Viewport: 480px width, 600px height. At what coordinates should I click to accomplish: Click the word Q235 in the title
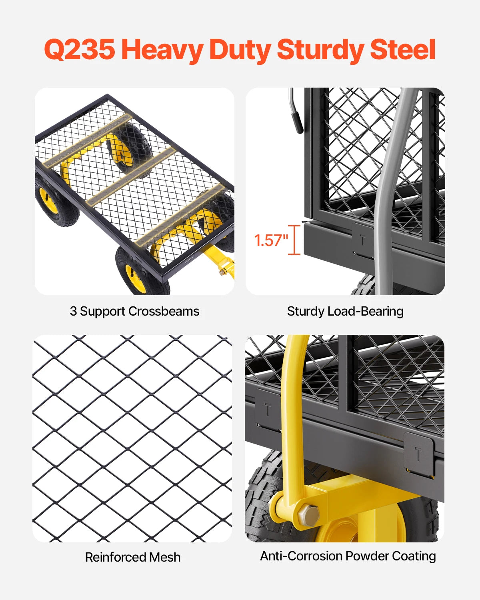[79, 50]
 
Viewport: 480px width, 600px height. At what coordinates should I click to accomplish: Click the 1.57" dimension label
[271, 240]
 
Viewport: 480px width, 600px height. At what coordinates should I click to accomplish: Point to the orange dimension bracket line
[295, 240]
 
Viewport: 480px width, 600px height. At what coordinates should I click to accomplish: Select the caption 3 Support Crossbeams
[134, 311]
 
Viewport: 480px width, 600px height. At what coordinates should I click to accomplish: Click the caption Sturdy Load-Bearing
[345, 311]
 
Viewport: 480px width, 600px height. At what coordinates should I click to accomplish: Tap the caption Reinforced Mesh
[133, 557]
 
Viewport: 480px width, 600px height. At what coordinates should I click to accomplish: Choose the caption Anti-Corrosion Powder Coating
[348, 556]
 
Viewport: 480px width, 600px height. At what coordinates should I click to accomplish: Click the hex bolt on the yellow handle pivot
[308, 515]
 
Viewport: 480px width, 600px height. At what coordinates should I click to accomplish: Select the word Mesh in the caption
[164, 557]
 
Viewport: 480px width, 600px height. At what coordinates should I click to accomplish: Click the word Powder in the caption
[367, 556]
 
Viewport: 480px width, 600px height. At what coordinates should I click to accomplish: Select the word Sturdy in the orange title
[320, 50]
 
